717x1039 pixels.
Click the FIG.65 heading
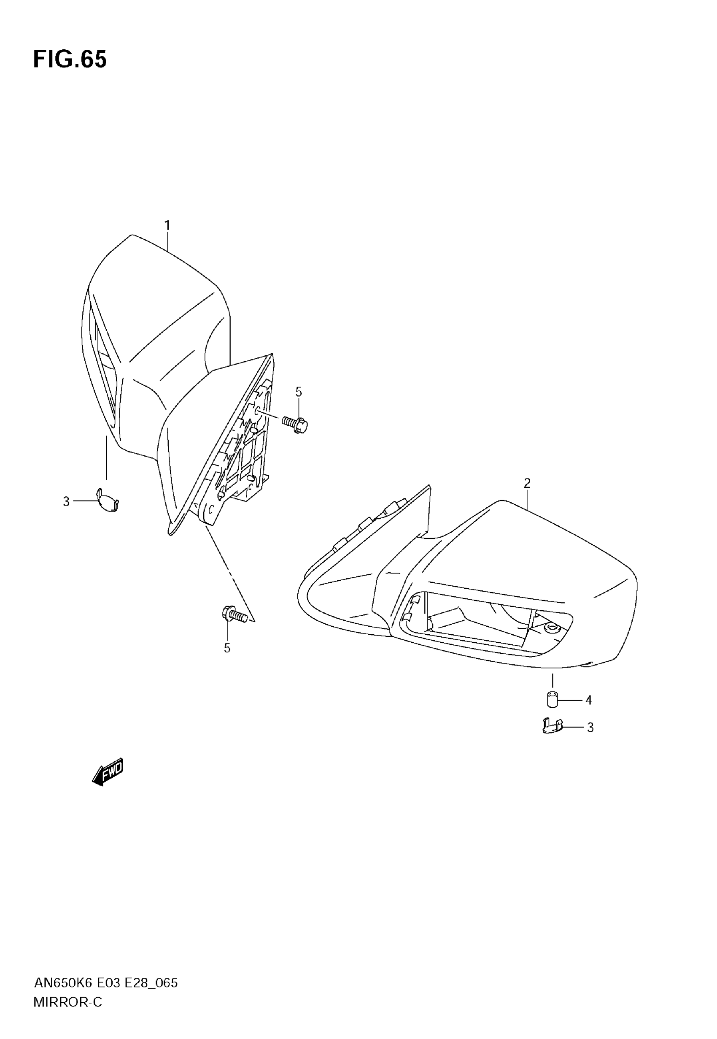(70, 60)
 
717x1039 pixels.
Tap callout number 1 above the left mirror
(167, 226)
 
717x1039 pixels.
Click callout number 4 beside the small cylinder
(588, 700)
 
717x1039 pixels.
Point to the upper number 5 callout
(299, 392)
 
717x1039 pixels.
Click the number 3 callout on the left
(67, 501)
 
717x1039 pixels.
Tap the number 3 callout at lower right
(590, 728)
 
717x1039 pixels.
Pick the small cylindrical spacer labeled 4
(552, 700)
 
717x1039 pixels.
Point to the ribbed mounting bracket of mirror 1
(243, 445)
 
